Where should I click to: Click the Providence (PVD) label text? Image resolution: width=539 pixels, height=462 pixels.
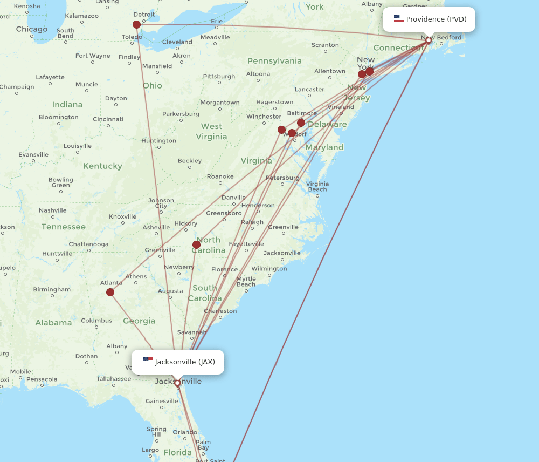(x=436, y=19)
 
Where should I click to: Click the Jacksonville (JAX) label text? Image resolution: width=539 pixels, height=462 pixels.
(x=185, y=362)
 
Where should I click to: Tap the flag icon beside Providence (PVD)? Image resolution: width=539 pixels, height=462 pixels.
(x=399, y=19)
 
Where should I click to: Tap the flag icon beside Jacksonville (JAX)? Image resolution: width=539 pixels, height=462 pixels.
(x=148, y=361)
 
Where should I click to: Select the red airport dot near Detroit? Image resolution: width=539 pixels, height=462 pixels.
(x=137, y=25)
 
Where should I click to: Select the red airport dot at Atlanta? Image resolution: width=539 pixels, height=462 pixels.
(x=110, y=292)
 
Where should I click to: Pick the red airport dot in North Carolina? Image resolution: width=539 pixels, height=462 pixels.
(x=197, y=244)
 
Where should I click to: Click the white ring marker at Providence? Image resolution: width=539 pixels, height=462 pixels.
(x=429, y=40)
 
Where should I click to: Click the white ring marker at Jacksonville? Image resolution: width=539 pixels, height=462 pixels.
(x=177, y=383)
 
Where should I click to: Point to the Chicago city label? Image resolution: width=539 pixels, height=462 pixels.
(x=32, y=29)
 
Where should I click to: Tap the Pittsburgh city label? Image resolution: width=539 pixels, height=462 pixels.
(x=219, y=76)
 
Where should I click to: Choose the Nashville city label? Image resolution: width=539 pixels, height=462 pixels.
(x=53, y=210)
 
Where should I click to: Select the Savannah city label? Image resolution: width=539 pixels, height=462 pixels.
(x=192, y=332)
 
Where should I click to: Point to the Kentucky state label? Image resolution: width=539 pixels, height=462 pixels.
(x=102, y=166)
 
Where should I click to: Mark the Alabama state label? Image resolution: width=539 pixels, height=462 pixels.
(x=53, y=323)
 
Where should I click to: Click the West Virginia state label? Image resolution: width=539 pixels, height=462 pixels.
(x=211, y=131)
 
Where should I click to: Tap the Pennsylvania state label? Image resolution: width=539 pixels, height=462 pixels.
(x=274, y=61)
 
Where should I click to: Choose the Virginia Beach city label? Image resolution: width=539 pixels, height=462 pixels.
(x=317, y=186)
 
